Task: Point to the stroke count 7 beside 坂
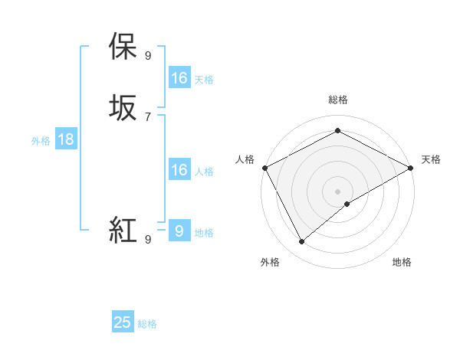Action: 147,116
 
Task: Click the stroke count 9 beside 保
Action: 147,55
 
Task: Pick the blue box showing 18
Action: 65,139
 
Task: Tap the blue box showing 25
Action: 123,322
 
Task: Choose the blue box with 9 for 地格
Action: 179,231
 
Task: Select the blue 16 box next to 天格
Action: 179,78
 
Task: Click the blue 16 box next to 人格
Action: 179,170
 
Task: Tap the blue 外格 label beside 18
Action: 41,141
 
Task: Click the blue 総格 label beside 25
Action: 147,324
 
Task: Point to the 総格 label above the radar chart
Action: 337,100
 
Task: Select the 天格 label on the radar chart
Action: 431,159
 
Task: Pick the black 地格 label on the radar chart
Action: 402,263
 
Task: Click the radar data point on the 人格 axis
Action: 264,168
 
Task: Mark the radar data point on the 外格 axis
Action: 301,242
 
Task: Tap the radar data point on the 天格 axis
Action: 411,168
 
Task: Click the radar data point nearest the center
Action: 347,204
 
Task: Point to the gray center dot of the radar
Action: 337,191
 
